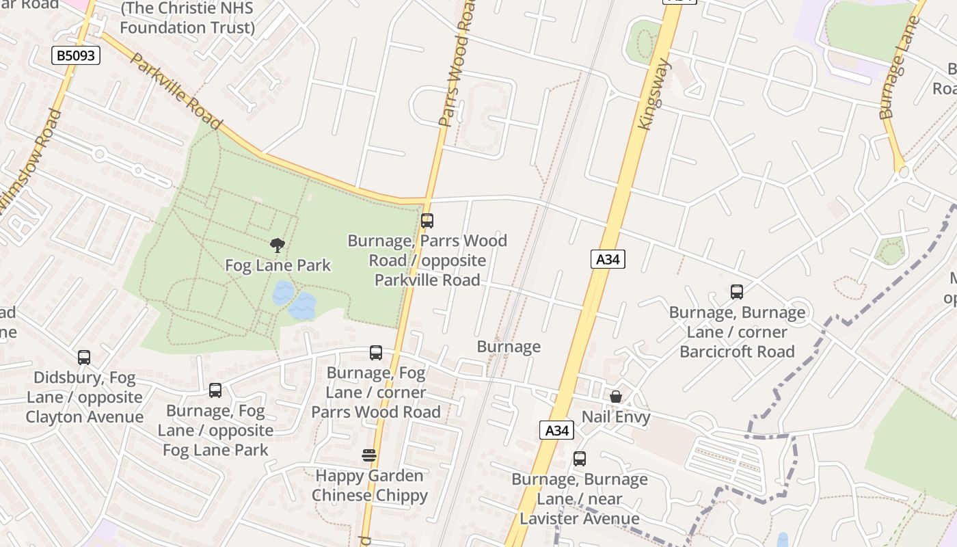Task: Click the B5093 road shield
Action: [76, 55]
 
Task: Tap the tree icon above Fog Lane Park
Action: [278, 245]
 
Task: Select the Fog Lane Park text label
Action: [278, 265]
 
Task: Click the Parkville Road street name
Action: [176, 91]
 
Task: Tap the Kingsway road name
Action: [655, 94]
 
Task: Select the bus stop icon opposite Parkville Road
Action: [427, 221]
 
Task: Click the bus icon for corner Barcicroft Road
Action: [737, 292]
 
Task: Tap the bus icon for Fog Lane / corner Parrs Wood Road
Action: [376, 353]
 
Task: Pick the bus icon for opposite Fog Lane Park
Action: [215, 390]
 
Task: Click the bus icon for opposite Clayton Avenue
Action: [84, 357]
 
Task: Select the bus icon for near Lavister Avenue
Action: [580, 459]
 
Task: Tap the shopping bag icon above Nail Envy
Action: [616, 397]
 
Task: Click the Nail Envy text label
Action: [616, 417]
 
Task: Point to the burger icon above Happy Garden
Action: [369, 455]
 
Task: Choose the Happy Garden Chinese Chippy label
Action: [369, 485]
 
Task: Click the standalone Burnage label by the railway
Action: [509, 347]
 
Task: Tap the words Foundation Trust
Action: [187, 27]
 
